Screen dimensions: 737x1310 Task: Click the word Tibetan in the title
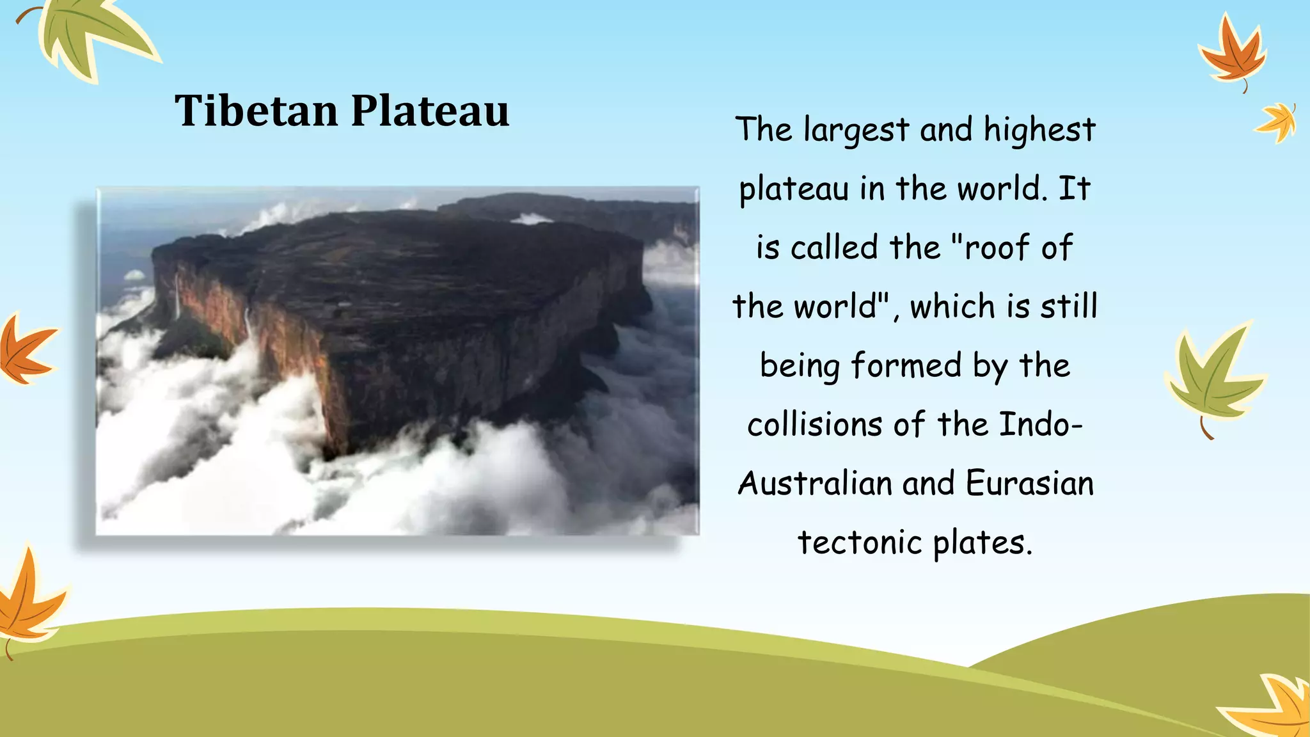pyautogui.click(x=256, y=111)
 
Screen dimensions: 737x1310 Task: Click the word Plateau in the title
pyautogui.click(x=430, y=111)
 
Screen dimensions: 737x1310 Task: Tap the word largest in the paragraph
pyautogui.click(x=856, y=131)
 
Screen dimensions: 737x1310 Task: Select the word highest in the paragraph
pyautogui.click(x=1039, y=131)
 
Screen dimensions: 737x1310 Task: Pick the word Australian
pyautogui.click(x=814, y=484)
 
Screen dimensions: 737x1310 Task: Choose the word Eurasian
pyautogui.click(x=1029, y=484)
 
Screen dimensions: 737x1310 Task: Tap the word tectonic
pyautogui.click(x=859, y=543)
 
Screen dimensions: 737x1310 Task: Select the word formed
pyautogui.click(x=906, y=366)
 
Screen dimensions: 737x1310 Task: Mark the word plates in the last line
pyautogui.click(x=982, y=544)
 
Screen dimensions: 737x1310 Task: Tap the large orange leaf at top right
pyautogui.click(x=1233, y=54)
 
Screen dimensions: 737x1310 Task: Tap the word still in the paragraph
pyautogui.click(x=1068, y=306)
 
